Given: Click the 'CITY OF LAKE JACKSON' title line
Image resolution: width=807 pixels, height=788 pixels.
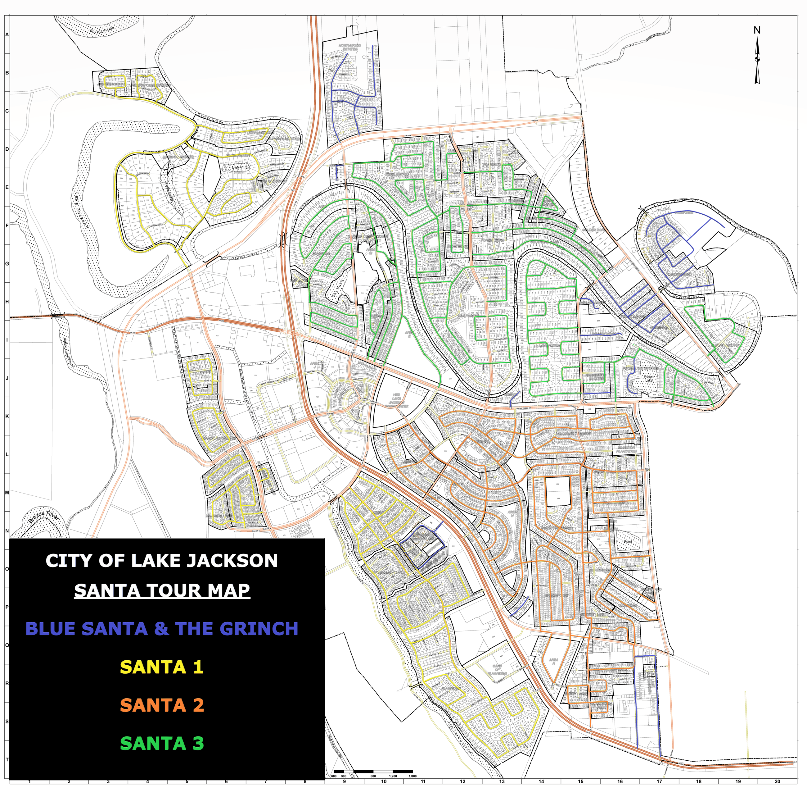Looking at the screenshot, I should pyautogui.click(x=161, y=561).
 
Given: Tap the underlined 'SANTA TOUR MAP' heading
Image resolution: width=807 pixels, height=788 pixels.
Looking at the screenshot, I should pyautogui.click(x=162, y=590).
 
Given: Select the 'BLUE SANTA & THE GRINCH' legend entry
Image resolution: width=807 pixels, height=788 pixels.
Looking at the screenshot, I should pyautogui.click(x=162, y=629).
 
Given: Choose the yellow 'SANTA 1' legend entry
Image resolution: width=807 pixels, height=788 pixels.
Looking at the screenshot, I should pyautogui.click(x=162, y=667).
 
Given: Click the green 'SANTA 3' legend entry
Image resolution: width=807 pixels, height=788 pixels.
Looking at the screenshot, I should pyautogui.click(x=162, y=743).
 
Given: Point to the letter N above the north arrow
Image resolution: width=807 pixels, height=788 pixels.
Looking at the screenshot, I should pyautogui.click(x=756, y=30).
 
